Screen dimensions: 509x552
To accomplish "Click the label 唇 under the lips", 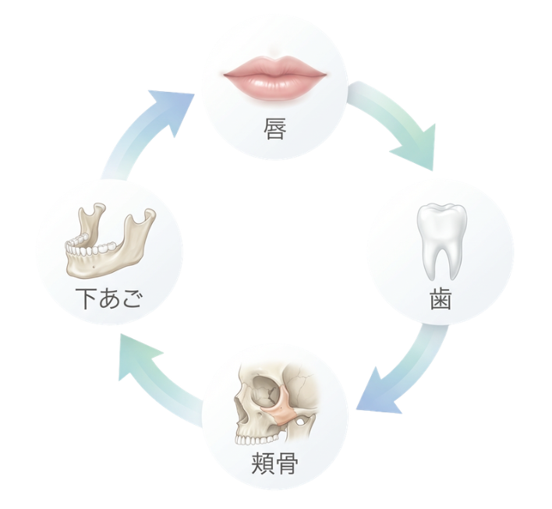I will click(x=275, y=128).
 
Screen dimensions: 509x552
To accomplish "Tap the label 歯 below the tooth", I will click(x=441, y=299).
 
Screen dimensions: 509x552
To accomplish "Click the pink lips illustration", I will click(x=274, y=76).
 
